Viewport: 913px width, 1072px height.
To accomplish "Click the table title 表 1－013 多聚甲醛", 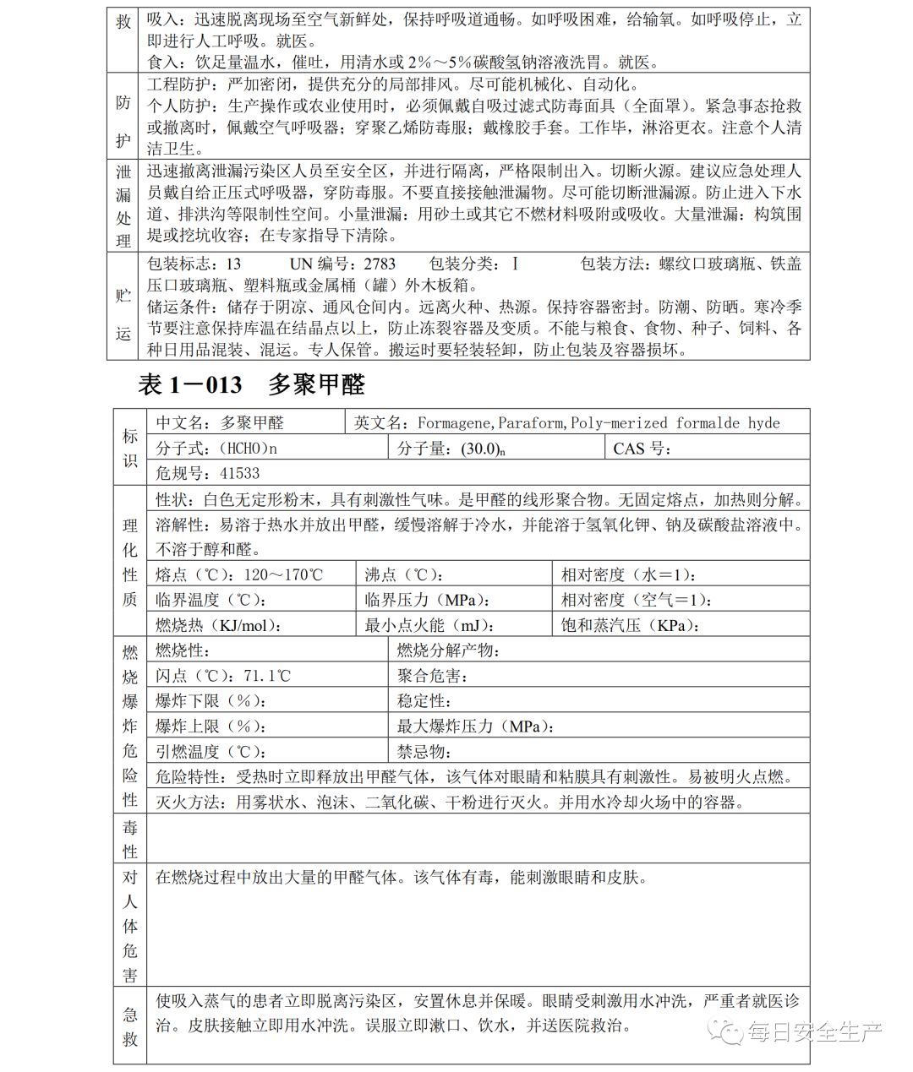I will coord(251,385).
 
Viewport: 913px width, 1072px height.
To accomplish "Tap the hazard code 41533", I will coord(239,473).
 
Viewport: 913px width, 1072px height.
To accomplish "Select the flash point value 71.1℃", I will coord(267,676).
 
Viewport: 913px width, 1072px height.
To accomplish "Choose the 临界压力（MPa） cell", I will coord(428,601).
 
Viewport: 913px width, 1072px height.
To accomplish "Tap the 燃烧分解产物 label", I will coord(449,650).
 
